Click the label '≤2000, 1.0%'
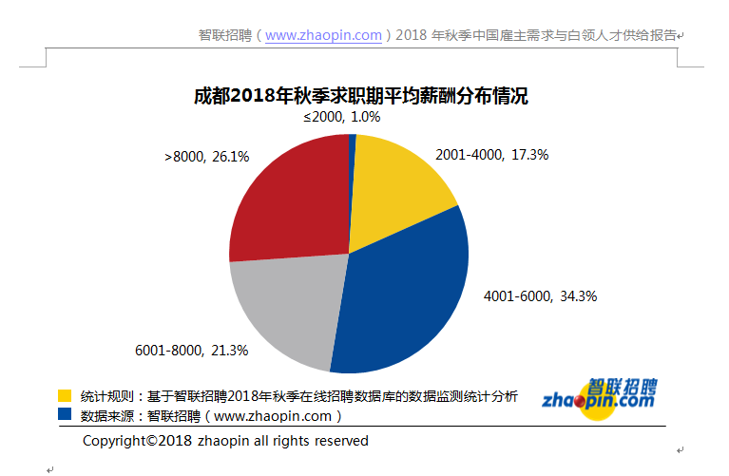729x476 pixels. click(x=341, y=117)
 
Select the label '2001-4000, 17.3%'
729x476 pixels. click(x=491, y=154)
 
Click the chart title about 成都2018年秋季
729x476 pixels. click(x=360, y=95)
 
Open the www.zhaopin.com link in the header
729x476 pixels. click(x=324, y=35)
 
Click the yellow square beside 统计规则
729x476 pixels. click(x=65, y=395)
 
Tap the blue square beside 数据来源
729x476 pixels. click(x=65, y=414)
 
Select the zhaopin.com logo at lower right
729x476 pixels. click(x=599, y=396)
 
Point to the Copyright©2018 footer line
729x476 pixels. click(x=225, y=441)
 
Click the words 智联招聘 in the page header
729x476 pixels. click(x=224, y=35)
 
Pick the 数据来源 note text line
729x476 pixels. click(x=210, y=415)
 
